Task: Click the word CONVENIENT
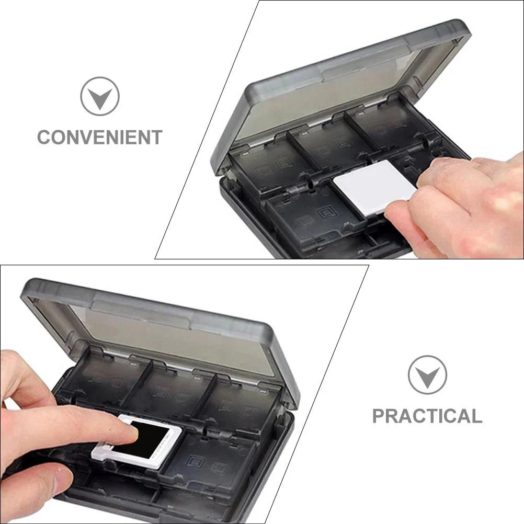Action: (x=99, y=137)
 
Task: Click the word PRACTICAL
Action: (x=427, y=416)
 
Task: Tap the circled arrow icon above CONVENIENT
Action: (x=99, y=96)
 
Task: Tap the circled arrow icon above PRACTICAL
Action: (x=427, y=374)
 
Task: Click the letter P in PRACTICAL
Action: (x=379, y=416)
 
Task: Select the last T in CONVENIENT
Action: (x=156, y=137)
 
